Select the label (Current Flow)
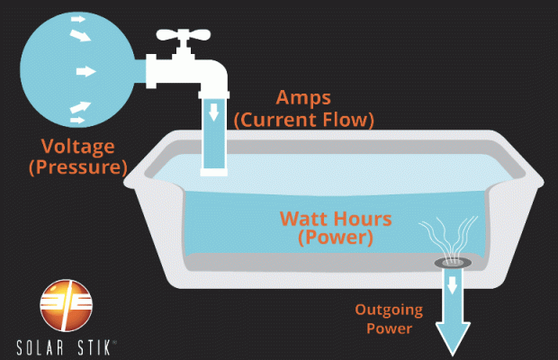tap(304, 120)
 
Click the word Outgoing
tap(384, 310)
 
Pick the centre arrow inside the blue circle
tap(85, 70)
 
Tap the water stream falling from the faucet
tap(214, 139)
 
